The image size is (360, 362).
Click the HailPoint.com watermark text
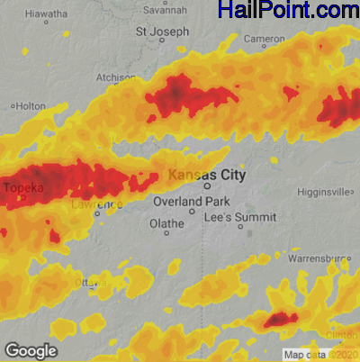coord(288,11)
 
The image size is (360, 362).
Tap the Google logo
coord(31,350)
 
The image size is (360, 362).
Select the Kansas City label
coord(207,174)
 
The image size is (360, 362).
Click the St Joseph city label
coord(162,32)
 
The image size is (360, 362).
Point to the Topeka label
coord(24,187)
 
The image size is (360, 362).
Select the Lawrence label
coord(96,205)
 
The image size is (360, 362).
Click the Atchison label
coord(115,77)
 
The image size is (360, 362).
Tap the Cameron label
coord(265,39)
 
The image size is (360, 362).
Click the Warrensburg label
coord(318,258)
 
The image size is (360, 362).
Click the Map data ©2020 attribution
coord(319,354)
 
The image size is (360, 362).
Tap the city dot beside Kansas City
coord(207,186)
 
